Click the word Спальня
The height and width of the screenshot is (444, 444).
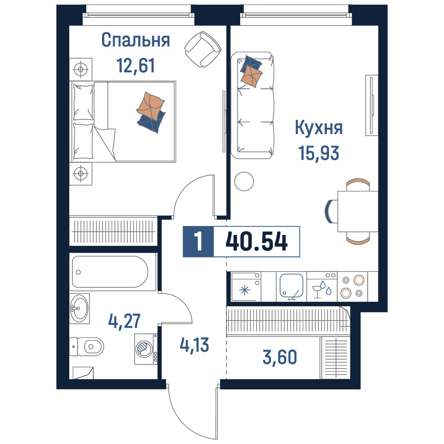click(x=135, y=40)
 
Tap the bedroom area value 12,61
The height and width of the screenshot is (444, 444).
click(x=135, y=65)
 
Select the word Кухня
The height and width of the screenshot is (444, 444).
click(x=319, y=128)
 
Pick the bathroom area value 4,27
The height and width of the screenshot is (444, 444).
click(x=124, y=321)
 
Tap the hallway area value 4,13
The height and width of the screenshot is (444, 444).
click(x=194, y=345)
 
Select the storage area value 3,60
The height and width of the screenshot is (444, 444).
click(x=280, y=357)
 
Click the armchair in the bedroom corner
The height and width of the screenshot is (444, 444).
click(x=203, y=49)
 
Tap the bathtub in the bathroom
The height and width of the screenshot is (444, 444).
click(x=110, y=272)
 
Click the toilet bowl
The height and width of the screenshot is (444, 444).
click(x=87, y=346)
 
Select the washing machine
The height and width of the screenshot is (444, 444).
click(x=146, y=349)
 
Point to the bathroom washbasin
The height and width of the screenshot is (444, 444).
click(x=79, y=309)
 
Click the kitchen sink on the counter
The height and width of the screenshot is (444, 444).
click(x=291, y=286)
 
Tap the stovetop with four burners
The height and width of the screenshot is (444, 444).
click(x=353, y=286)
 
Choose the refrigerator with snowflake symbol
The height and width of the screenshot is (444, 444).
click(x=246, y=286)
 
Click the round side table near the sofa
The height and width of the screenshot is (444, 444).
click(x=244, y=182)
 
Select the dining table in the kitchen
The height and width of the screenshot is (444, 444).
click(x=358, y=211)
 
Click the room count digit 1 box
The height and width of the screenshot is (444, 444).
click(x=198, y=242)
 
